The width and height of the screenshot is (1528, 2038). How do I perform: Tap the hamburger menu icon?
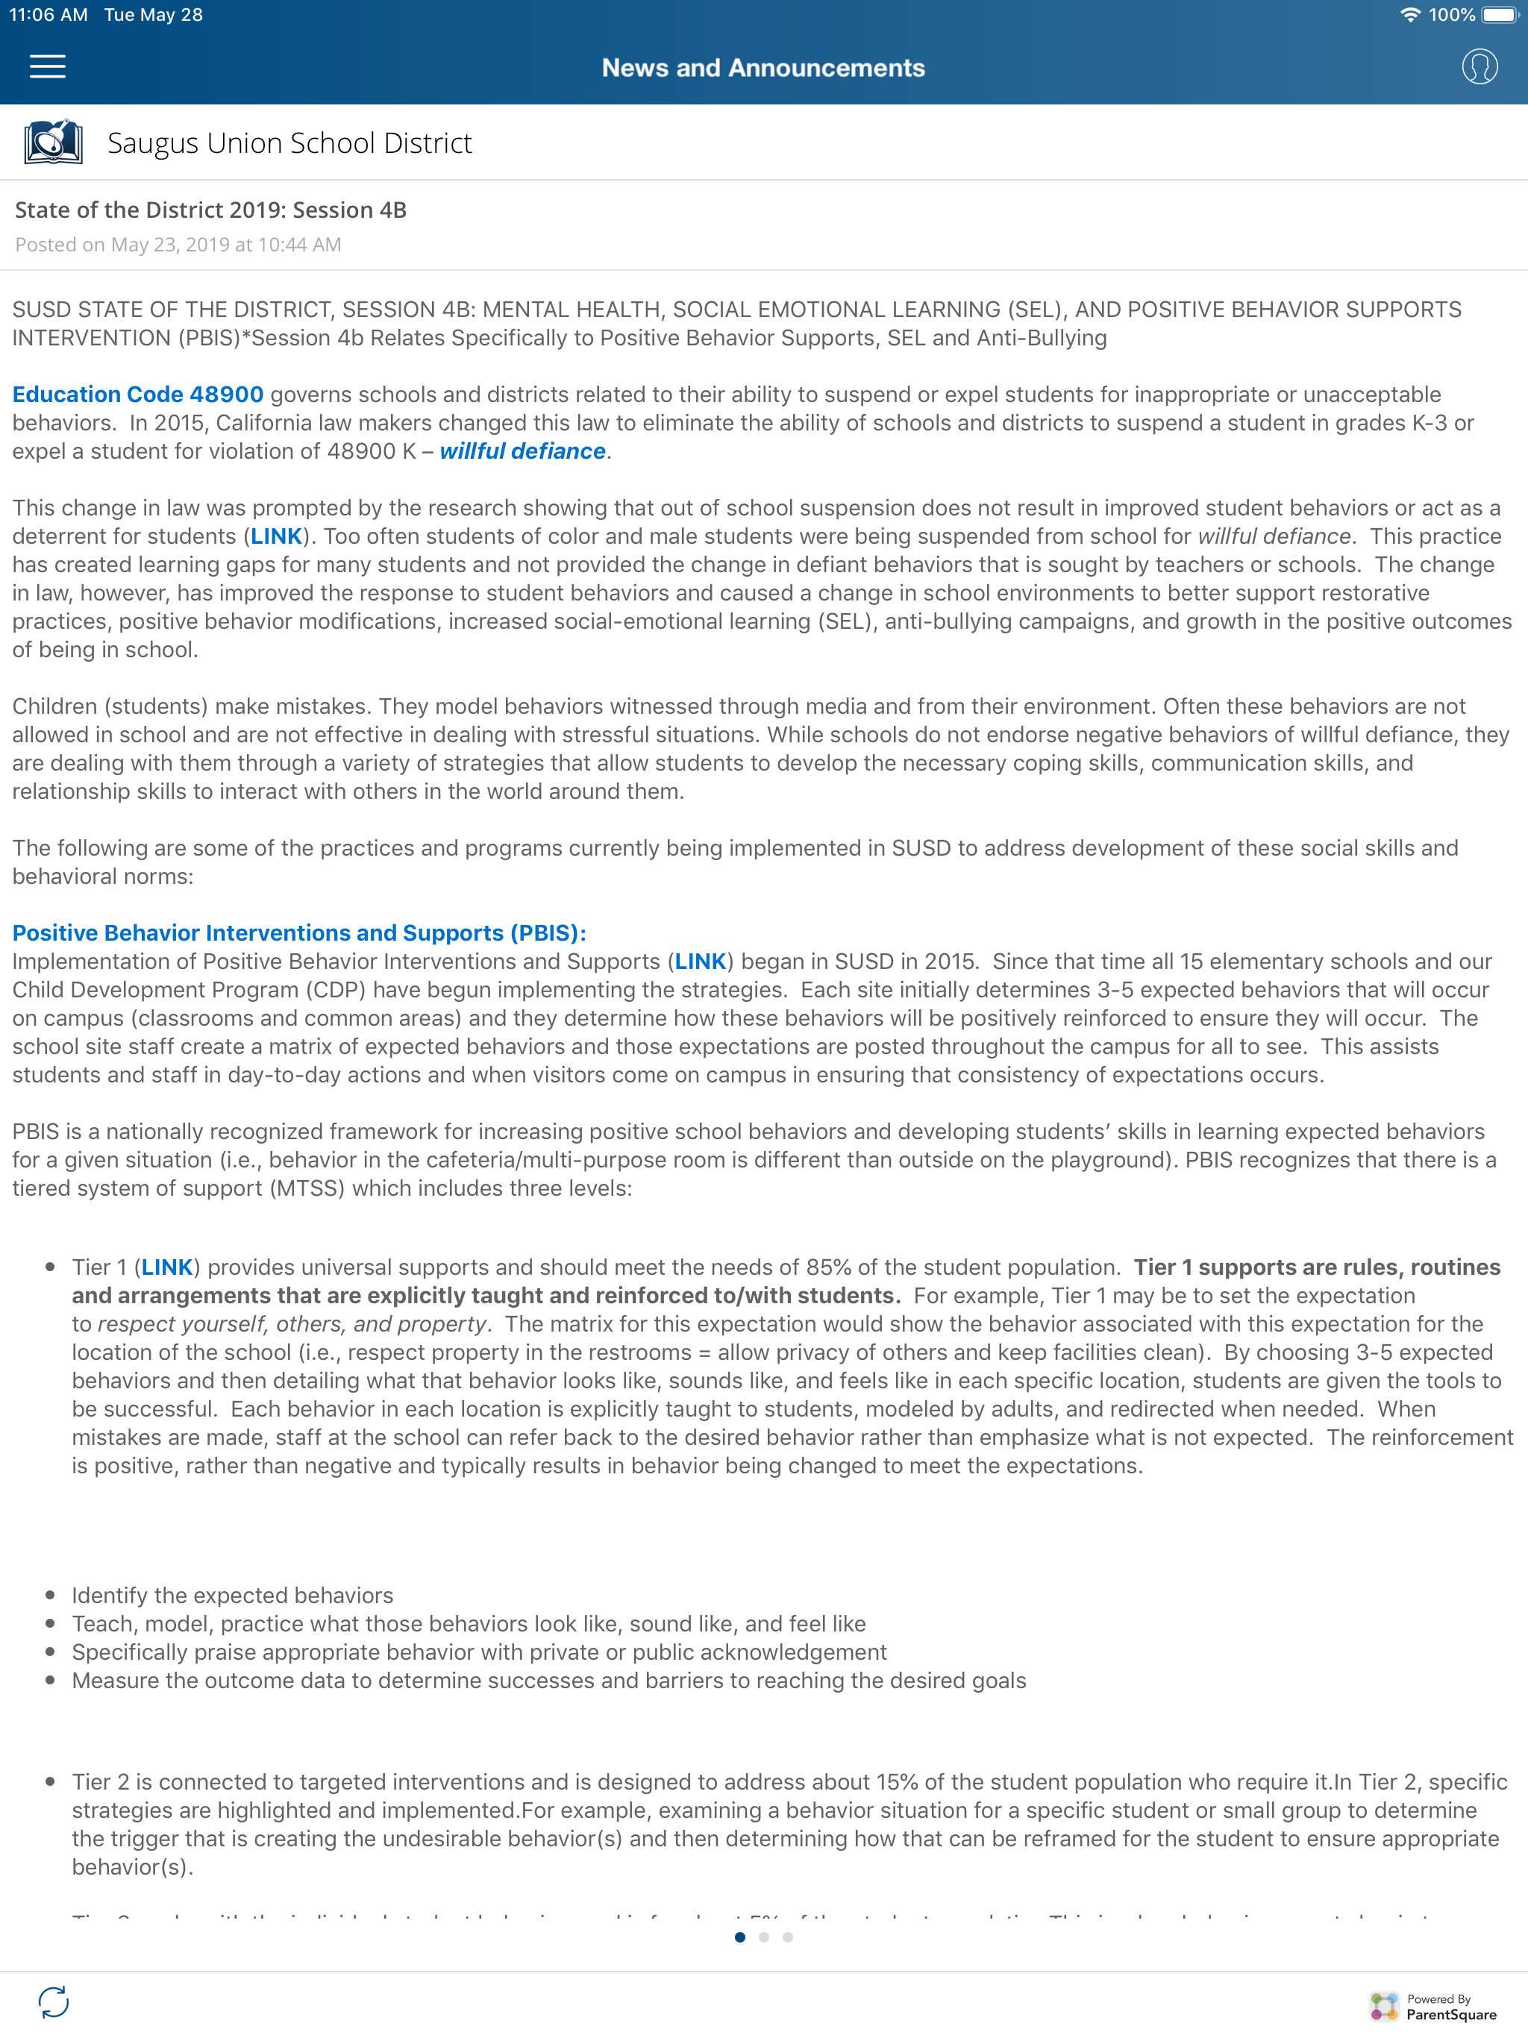[47, 67]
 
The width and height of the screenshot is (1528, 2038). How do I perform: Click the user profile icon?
[1480, 67]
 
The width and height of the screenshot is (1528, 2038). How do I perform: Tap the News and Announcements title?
[763, 68]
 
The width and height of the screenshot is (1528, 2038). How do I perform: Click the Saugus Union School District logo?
[54, 142]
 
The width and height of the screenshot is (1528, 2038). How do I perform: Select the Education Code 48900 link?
[138, 395]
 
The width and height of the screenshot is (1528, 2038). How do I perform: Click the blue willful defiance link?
[522, 451]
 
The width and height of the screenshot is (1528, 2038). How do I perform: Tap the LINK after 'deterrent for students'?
[277, 536]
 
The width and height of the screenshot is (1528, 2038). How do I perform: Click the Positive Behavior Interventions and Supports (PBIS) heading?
[299, 932]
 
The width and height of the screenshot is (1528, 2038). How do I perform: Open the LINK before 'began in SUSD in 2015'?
[701, 961]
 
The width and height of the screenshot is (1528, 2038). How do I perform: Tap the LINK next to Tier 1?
[167, 1267]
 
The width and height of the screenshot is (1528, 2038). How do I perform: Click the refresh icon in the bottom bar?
[54, 2001]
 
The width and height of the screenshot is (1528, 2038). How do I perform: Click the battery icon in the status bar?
[1500, 15]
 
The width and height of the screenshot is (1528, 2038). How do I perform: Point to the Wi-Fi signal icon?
[1410, 15]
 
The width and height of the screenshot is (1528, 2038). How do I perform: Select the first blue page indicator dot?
[740, 1937]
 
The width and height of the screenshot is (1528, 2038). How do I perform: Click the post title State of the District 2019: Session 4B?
[211, 210]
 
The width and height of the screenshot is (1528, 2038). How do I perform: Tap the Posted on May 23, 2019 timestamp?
[178, 244]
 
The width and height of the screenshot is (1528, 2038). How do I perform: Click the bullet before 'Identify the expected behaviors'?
[51, 1595]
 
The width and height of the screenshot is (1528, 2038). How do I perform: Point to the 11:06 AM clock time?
[48, 15]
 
